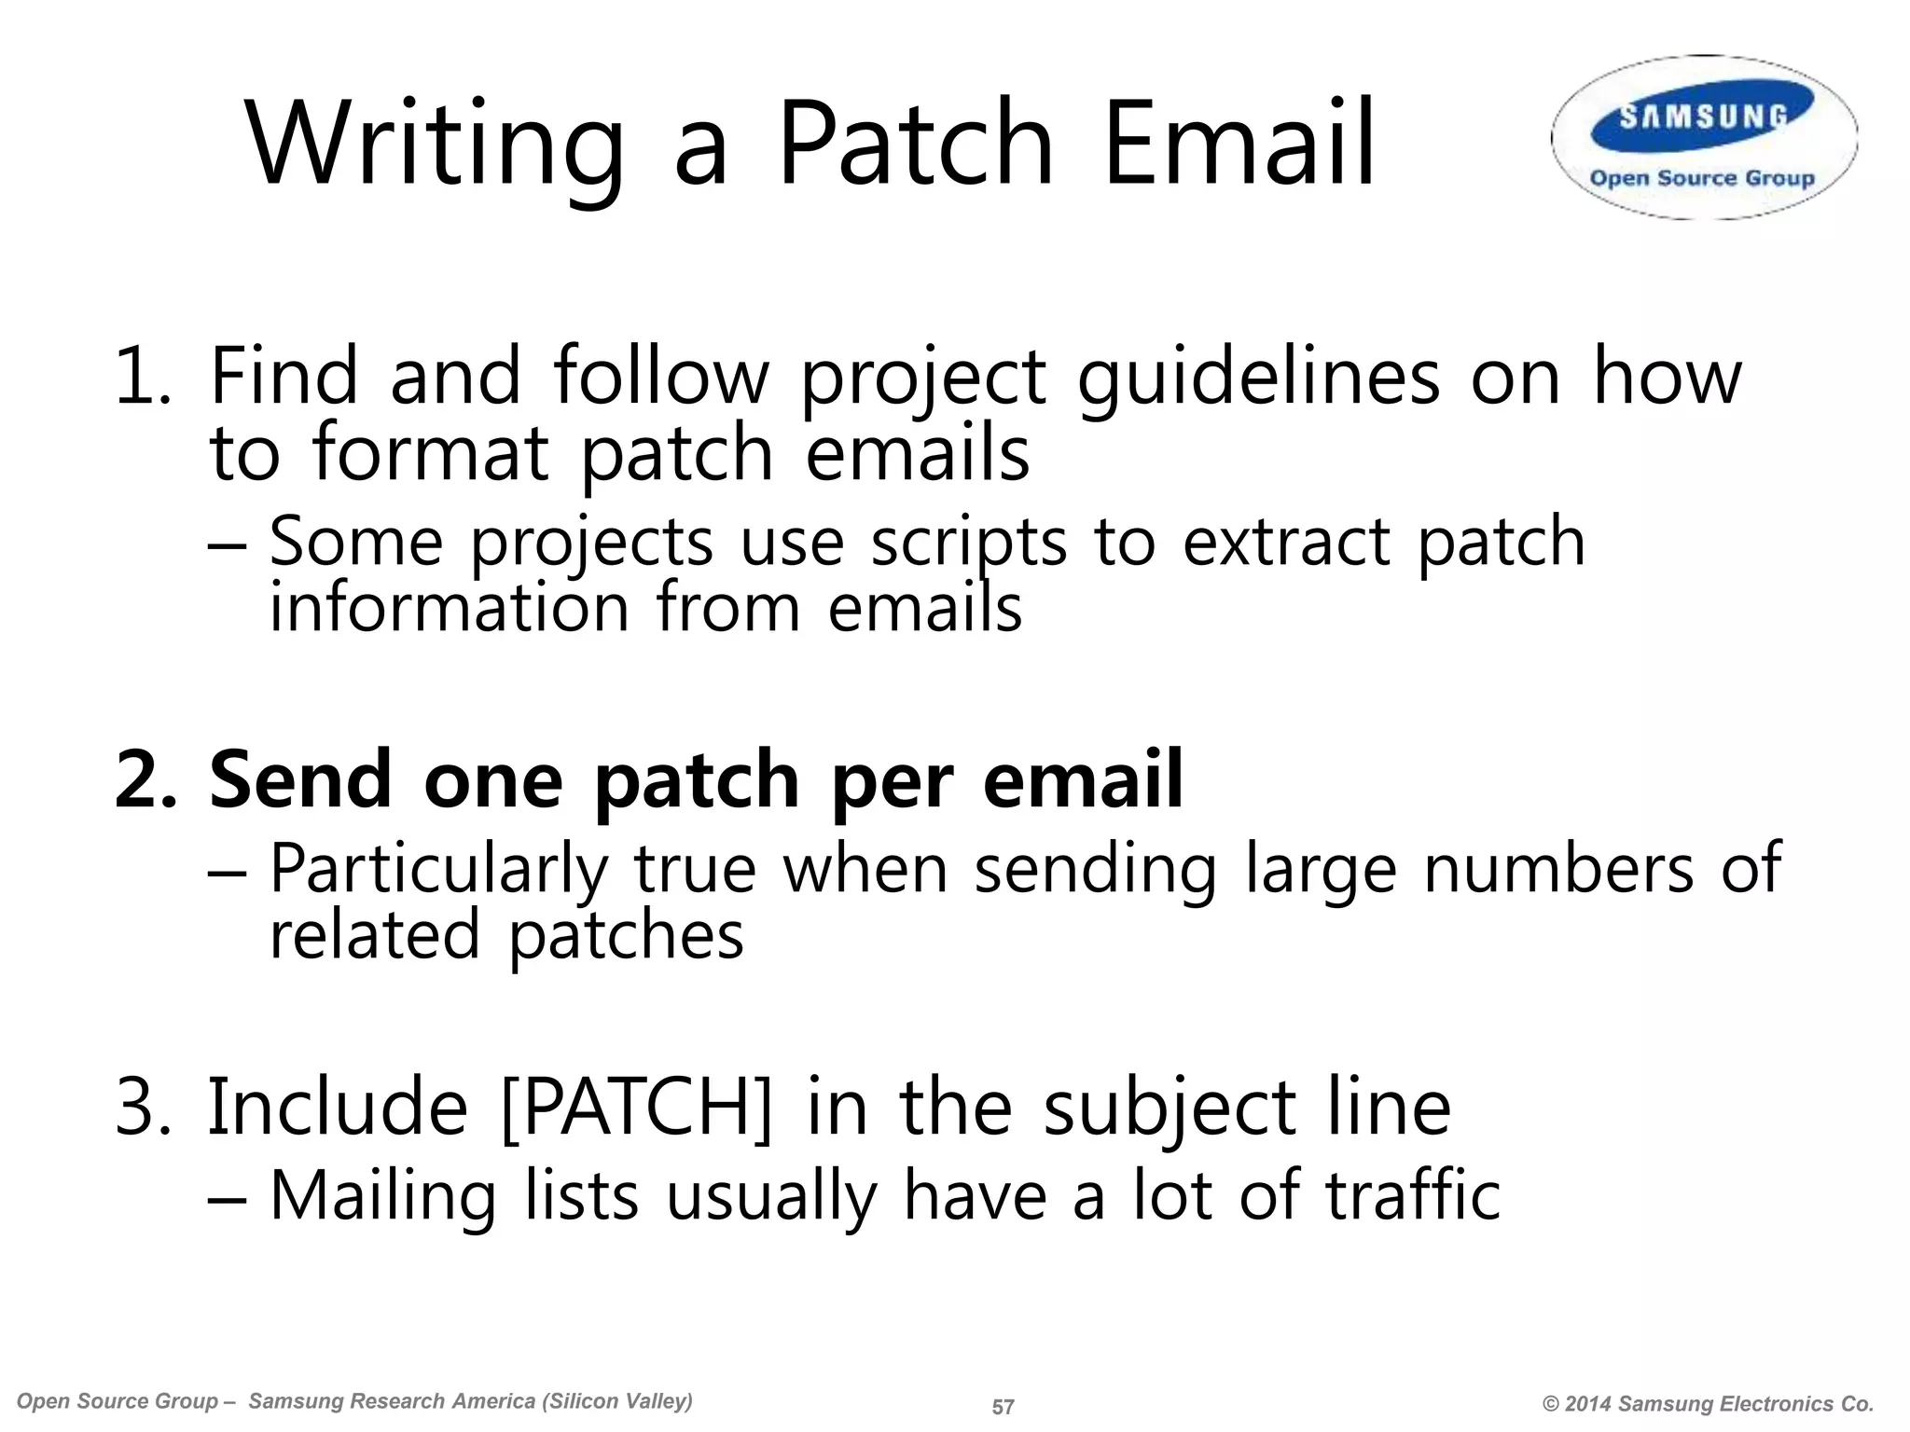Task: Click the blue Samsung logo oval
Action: click(x=1703, y=116)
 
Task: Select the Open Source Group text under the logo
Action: click(x=1702, y=178)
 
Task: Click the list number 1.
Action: click(x=140, y=377)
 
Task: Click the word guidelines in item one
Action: click(x=1258, y=377)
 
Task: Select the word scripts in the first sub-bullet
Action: click(x=968, y=543)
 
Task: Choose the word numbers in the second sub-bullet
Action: click(x=1557, y=869)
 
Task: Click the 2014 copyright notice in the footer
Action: click(x=1708, y=1404)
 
